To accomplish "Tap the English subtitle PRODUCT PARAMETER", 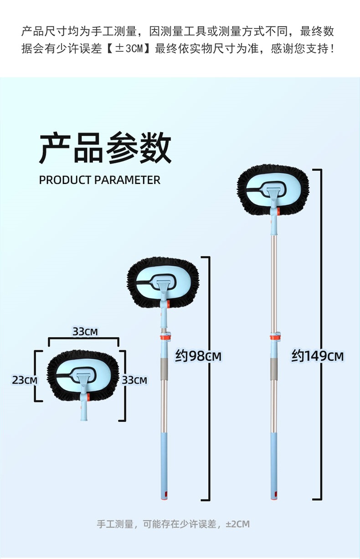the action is click(99, 180).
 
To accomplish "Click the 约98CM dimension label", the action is click(198, 356).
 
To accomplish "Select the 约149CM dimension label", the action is click(318, 356).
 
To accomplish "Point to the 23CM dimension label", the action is click(24, 379).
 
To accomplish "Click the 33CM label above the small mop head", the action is click(85, 331).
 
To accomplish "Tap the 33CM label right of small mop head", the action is click(134, 379).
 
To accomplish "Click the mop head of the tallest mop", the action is click(273, 190).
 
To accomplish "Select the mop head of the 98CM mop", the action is click(163, 282).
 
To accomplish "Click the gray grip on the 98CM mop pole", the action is click(164, 368).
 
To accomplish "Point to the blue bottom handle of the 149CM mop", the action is click(273, 465).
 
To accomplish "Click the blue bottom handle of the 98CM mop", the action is click(164, 465).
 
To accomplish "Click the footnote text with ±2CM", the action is click(173, 524).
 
